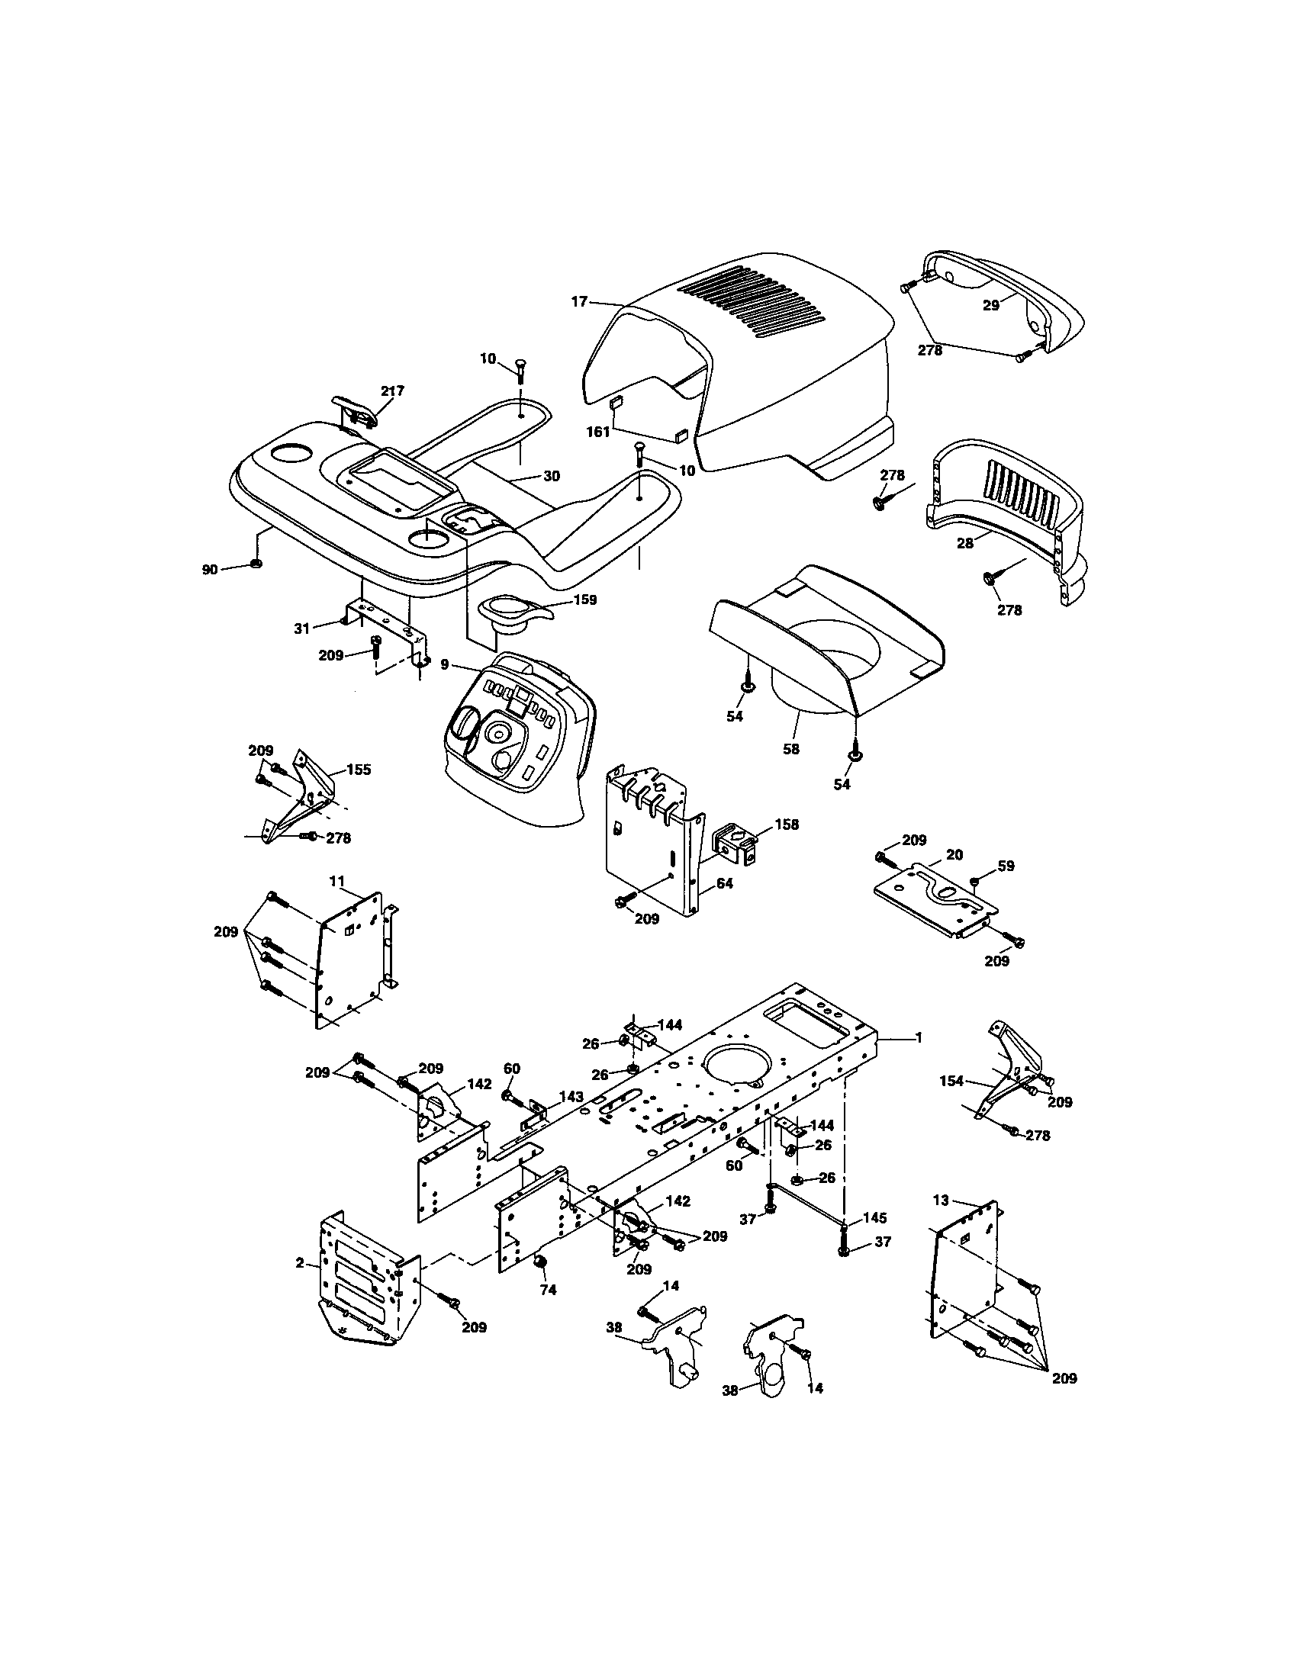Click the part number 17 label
click(x=579, y=302)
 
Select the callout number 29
click(x=990, y=305)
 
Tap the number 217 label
click(x=392, y=391)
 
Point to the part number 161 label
click(x=598, y=432)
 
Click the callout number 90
click(x=210, y=569)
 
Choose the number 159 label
click(x=584, y=600)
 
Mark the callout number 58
click(x=790, y=749)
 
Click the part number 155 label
click(x=359, y=769)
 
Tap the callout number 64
click(x=725, y=883)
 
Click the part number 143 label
click(x=571, y=1096)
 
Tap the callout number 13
click(x=942, y=1200)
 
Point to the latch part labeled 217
click(x=354, y=413)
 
